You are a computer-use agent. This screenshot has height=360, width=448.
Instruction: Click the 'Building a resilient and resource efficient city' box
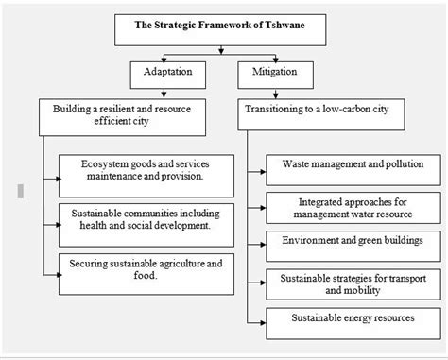(x=123, y=115)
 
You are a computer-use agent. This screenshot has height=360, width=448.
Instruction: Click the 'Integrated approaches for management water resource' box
(x=352, y=207)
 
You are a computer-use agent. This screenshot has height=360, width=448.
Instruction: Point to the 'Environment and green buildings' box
(x=352, y=243)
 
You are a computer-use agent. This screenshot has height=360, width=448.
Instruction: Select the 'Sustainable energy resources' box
(x=352, y=319)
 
